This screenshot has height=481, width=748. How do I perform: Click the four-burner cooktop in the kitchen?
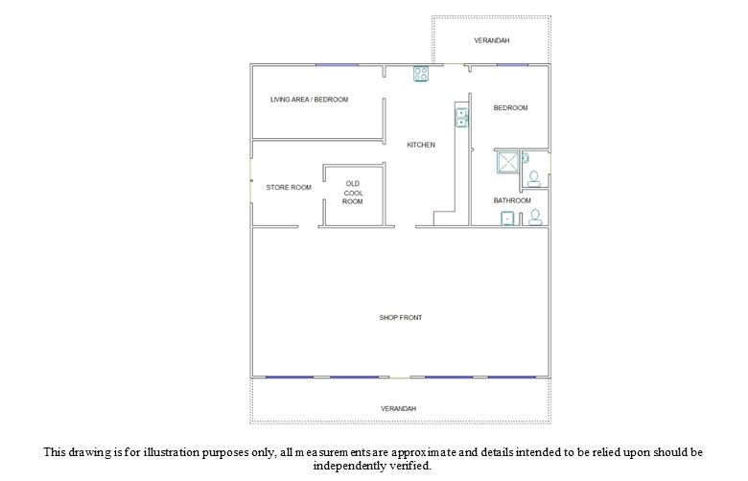pyautogui.click(x=421, y=74)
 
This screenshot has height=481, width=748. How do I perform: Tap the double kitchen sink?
pyautogui.click(x=462, y=117)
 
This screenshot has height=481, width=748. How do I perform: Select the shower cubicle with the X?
pyautogui.click(x=507, y=162)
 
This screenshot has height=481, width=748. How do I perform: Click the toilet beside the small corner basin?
pyautogui.click(x=534, y=178)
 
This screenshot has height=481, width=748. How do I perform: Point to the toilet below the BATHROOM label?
pyautogui.click(x=535, y=217)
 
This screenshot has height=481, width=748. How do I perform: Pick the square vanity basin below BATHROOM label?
pyautogui.click(x=507, y=218)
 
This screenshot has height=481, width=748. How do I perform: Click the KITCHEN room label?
pyautogui.click(x=421, y=145)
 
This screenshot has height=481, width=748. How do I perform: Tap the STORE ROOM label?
pyautogui.click(x=289, y=188)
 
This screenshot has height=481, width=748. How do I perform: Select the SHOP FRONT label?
pyautogui.click(x=401, y=317)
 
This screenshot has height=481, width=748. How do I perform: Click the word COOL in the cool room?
pyautogui.click(x=354, y=193)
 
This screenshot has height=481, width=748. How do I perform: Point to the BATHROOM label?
pyautogui.click(x=512, y=200)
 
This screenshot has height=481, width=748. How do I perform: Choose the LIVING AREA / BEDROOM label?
pyautogui.click(x=309, y=99)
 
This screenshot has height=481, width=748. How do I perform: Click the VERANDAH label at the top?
pyautogui.click(x=491, y=40)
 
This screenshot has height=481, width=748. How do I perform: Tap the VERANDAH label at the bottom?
pyautogui.click(x=398, y=408)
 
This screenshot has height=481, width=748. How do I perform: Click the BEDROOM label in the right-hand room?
pyautogui.click(x=510, y=107)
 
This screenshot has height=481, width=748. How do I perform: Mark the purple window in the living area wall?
pyautogui.click(x=337, y=65)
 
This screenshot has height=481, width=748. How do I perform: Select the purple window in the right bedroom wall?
pyautogui.click(x=512, y=65)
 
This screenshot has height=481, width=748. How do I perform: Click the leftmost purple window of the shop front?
pyautogui.click(x=289, y=378)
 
